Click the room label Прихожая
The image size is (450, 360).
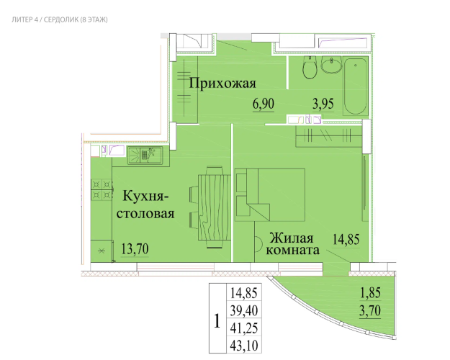[x=222, y=84]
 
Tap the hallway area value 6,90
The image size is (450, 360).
[x=264, y=104]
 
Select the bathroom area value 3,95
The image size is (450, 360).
[x=323, y=104]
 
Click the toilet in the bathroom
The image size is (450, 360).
[x=310, y=68]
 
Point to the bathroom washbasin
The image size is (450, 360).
[x=331, y=65]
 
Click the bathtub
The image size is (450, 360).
[x=356, y=86]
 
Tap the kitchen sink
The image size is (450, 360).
[x=145, y=155]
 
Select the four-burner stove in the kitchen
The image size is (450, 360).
[x=102, y=189]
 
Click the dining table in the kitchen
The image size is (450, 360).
[x=215, y=207]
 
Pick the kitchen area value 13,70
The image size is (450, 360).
[x=135, y=249]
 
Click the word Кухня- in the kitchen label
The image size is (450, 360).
[x=145, y=197]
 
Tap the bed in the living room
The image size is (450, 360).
[x=270, y=194]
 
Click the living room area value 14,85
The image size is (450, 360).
[x=346, y=239]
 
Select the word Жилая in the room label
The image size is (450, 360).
[x=292, y=238]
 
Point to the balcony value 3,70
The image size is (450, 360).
[x=370, y=310]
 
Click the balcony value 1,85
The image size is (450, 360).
[x=370, y=293]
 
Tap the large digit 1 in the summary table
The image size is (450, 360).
[x=217, y=321]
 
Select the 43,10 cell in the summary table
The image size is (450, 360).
[x=244, y=346]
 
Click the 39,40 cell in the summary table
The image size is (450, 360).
[x=244, y=310]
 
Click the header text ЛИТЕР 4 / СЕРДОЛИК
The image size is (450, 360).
[x=45, y=20]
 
